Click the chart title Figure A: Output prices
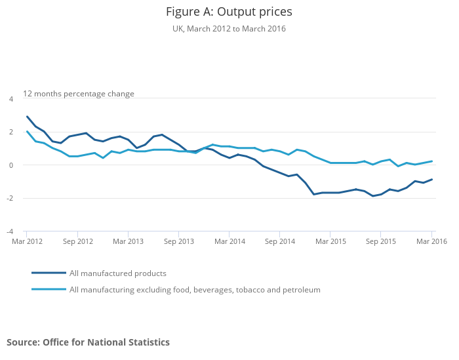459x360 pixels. tap(229, 12)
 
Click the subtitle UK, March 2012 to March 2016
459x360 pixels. tap(229, 29)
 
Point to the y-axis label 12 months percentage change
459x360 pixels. tap(79, 94)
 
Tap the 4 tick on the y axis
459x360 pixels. tap(10, 99)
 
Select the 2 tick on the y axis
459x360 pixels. tap(10, 132)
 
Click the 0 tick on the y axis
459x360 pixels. tap(10, 165)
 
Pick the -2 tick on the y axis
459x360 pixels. tap(9, 199)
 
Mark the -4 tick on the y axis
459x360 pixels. tap(9, 231)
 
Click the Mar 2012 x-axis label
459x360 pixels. tap(27, 241)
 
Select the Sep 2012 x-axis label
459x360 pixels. tap(77, 241)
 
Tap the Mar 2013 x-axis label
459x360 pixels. tap(128, 241)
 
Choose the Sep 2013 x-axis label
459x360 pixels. tap(179, 241)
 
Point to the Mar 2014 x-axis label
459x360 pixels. tap(229, 241)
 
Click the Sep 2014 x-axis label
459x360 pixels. tap(280, 241)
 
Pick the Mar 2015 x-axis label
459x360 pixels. tap(330, 241)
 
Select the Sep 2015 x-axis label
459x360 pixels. tap(382, 241)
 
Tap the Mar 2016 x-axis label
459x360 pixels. tap(431, 241)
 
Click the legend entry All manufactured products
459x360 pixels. tap(117, 273)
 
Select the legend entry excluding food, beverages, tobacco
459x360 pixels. tap(195, 289)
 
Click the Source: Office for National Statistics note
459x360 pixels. tap(88, 342)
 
